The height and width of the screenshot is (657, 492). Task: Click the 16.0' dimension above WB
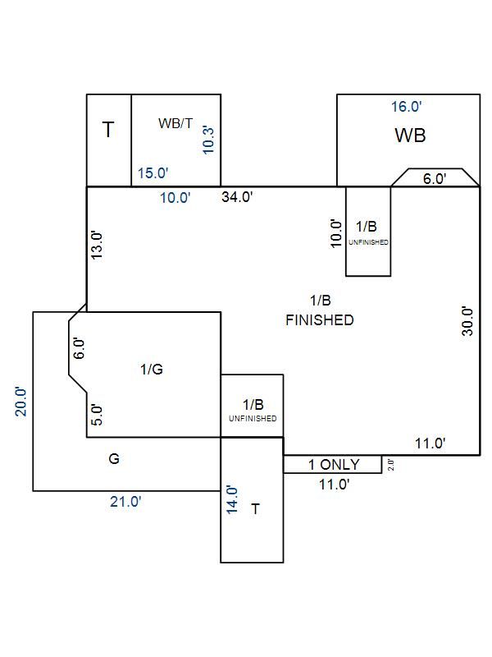point(407,107)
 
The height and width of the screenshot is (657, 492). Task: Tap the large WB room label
point(410,136)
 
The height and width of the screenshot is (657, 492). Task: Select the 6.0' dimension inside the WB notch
point(435,178)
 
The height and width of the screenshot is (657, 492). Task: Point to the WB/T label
point(175,123)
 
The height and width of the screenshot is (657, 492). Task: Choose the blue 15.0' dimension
point(153,173)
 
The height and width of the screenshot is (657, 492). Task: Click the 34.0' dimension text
point(237,196)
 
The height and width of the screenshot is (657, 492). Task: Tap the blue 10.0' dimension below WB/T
point(175,198)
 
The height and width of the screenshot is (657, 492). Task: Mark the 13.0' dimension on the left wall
point(98,245)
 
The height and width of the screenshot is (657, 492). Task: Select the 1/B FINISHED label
point(320,311)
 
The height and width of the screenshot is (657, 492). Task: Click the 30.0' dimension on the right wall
point(467,323)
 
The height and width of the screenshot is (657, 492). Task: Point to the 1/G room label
point(152,370)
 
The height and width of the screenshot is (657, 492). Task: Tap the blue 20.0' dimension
point(21,402)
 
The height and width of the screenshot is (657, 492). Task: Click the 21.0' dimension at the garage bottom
point(126,502)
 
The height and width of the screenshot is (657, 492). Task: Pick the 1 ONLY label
point(333,465)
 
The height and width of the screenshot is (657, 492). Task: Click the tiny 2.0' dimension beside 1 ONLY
point(391,466)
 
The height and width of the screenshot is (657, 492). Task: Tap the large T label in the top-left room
point(108,129)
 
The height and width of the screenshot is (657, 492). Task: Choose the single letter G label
point(114,459)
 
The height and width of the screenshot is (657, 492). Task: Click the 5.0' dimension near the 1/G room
point(97,415)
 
